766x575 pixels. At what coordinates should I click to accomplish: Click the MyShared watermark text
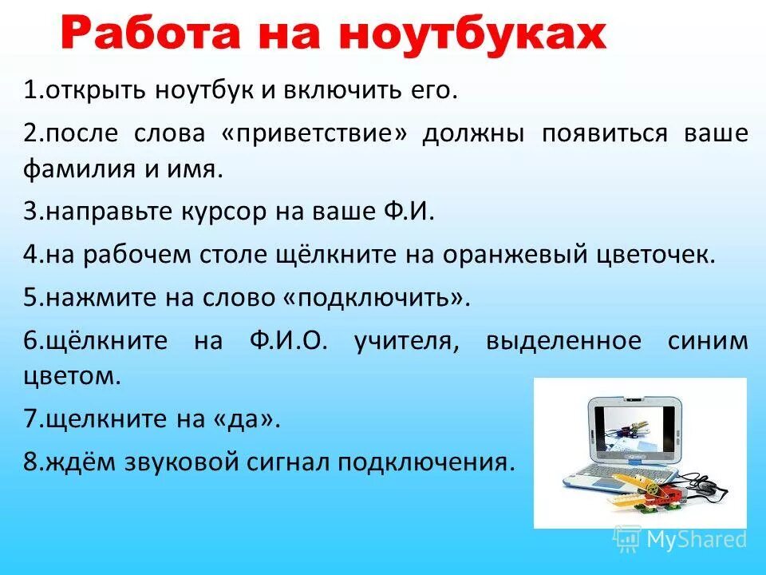coord(695,539)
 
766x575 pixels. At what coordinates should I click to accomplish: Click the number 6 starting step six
coord(30,341)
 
